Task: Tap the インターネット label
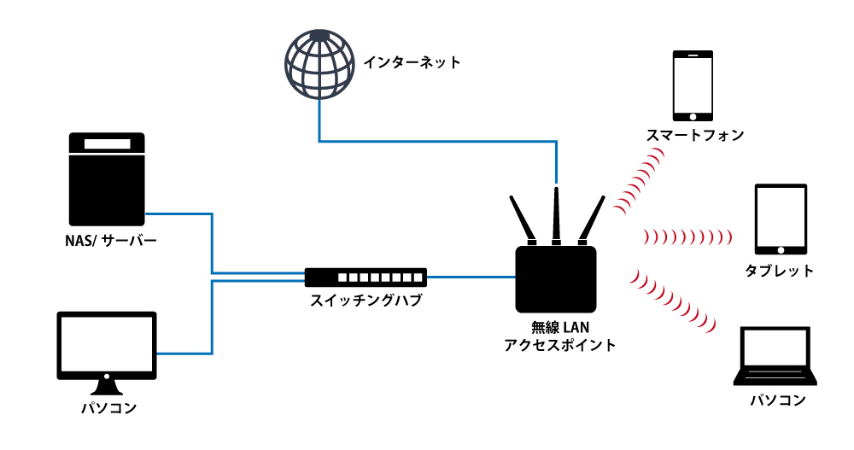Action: tap(412, 62)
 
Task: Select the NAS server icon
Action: tap(107, 180)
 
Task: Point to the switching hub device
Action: tap(366, 277)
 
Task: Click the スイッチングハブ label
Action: tap(366, 301)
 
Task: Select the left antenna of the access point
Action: tap(522, 219)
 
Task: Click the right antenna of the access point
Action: tap(590, 220)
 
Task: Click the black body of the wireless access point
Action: tap(556, 278)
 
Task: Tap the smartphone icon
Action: tap(693, 86)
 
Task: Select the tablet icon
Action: tap(780, 219)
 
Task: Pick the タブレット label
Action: tap(779, 272)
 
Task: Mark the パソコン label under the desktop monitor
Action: tap(108, 407)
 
